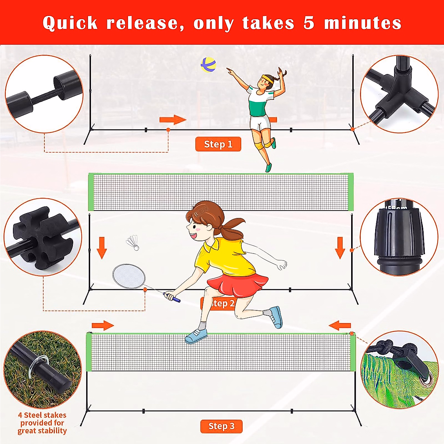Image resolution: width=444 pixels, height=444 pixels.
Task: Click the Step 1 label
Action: (218, 144)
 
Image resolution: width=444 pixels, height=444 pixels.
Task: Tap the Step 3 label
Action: (221, 426)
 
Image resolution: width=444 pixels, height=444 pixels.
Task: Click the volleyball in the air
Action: (208, 65)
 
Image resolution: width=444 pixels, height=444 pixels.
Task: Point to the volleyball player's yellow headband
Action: (267, 78)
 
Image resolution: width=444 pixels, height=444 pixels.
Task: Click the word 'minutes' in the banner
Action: (363, 23)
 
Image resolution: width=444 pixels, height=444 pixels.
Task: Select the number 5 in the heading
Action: (309, 23)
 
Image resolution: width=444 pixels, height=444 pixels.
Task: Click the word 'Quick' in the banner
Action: (70, 23)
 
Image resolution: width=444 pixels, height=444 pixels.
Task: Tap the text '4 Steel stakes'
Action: (42, 415)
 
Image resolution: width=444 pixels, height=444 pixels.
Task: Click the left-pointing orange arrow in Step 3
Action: (340, 326)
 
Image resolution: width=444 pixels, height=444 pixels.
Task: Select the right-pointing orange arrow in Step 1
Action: (172, 120)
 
